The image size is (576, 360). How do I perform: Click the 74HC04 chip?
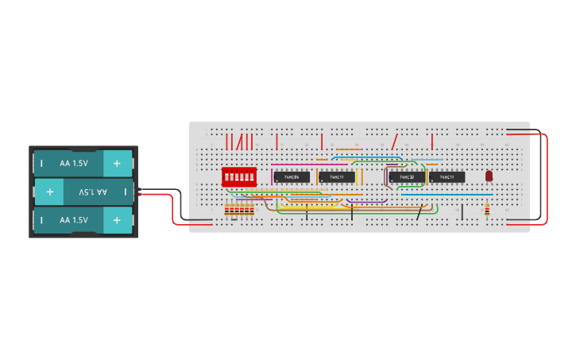pyautogui.click(x=291, y=176)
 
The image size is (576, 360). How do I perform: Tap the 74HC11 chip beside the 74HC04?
pyautogui.click(x=337, y=176)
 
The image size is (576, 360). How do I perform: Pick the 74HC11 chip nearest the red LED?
pyautogui.click(x=446, y=176)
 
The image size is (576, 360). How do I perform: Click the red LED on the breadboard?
pyautogui.click(x=489, y=176)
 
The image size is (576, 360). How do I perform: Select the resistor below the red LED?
pyautogui.click(x=487, y=210)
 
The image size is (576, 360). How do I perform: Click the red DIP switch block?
pyautogui.click(x=238, y=176)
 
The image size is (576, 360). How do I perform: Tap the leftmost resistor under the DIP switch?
pyautogui.click(x=227, y=210)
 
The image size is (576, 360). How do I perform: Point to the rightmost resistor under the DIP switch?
pyautogui.click(x=252, y=210)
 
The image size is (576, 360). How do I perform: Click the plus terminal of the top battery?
pyautogui.click(x=117, y=163)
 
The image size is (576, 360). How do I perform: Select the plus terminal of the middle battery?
pyautogui.click(x=49, y=192)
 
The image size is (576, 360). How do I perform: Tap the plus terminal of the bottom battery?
pyautogui.click(x=117, y=220)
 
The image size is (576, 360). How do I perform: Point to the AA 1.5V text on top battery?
pyautogui.click(x=73, y=163)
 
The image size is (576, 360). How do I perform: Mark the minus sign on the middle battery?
pyautogui.click(x=125, y=192)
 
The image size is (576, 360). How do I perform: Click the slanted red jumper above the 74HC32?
pyautogui.click(x=394, y=141)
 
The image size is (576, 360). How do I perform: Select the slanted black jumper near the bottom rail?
pyautogui.click(x=419, y=212)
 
